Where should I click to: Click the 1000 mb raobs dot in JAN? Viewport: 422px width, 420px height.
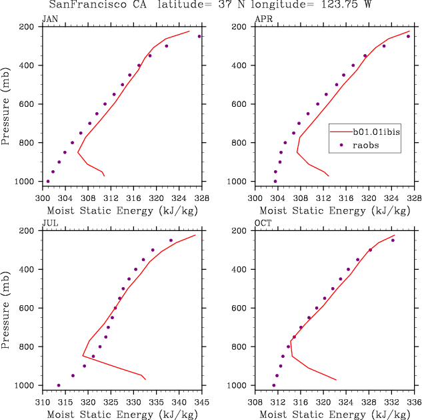click(x=48, y=181)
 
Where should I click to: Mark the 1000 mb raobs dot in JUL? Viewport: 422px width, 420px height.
click(x=59, y=385)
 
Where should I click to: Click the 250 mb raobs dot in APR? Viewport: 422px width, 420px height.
click(x=408, y=36)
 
